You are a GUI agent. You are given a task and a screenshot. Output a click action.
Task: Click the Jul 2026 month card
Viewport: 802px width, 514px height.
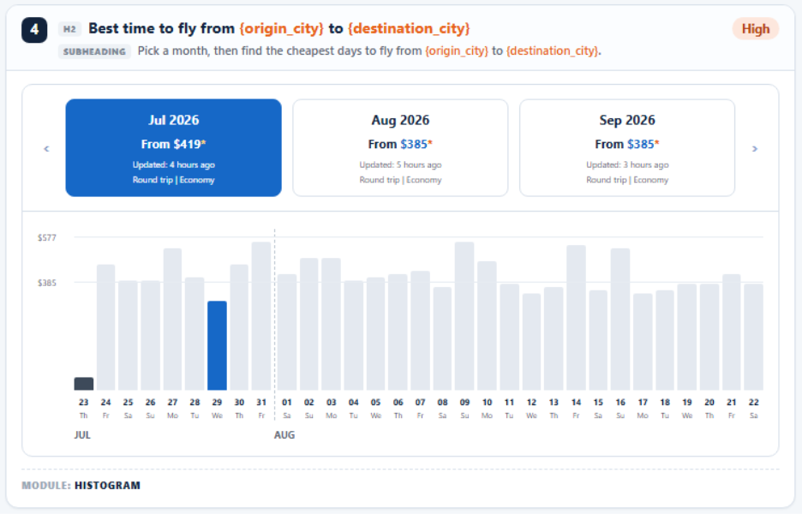pyautogui.click(x=173, y=148)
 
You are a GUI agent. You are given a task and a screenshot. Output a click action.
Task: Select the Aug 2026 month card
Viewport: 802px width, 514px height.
pyautogui.click(x=400, y=148)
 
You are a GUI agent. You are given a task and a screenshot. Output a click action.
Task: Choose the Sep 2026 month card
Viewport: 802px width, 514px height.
pyautogui.click(x=627, y=148)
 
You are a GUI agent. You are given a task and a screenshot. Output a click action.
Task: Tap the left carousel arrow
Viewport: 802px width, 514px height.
pyautogui.click(x=46, y=149)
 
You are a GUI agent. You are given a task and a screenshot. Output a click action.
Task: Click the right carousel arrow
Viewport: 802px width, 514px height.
pyautogui.click(x=754, y=149)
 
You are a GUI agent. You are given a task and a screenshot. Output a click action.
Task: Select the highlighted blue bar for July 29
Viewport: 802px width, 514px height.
pyautogui.click(x=217, y=346)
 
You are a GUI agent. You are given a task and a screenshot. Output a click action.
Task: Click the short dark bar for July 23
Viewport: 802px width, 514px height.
pyautogui.click(x=84, y=384)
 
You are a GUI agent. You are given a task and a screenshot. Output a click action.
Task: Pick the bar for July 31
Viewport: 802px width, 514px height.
pyautogui.click(x=261, y=316)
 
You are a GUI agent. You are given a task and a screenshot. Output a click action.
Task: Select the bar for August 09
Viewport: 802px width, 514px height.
pyautogui.click(x=464, y=316)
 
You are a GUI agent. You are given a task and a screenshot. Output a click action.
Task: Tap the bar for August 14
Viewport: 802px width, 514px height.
pyautogui.click(x=576, y=318)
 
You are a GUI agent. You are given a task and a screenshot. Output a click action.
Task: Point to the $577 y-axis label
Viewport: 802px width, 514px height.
pyautogui.click(x=47, y=238)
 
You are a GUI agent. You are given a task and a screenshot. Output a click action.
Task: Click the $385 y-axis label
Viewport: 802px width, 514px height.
pyautogui.click(x=47, y=283)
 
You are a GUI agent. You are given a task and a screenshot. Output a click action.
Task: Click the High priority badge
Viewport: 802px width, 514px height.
pyautogui.click(x=756, y=29)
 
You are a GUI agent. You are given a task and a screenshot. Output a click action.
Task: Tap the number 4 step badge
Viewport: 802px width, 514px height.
pyautogui.click(x=34, y=30)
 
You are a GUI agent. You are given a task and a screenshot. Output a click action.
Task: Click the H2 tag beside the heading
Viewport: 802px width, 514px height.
pyautogui.click(x=69, y=29)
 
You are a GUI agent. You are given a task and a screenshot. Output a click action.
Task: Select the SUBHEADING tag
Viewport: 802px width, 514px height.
pyautogui.click(x=94, y=51)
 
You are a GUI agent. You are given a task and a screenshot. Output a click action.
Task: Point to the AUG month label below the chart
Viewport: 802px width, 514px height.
pyautogui.click(x=284, y=435)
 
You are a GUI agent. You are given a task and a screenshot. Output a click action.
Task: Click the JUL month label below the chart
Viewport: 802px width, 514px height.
pyautogui.click(x=82, y=435)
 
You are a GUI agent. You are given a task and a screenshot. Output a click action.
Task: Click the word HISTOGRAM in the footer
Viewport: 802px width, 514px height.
pyautogui.click(x=107, y=486)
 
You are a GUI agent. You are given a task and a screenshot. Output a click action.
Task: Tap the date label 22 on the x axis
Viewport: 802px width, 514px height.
pyautogui.click(x=753, y=403)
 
